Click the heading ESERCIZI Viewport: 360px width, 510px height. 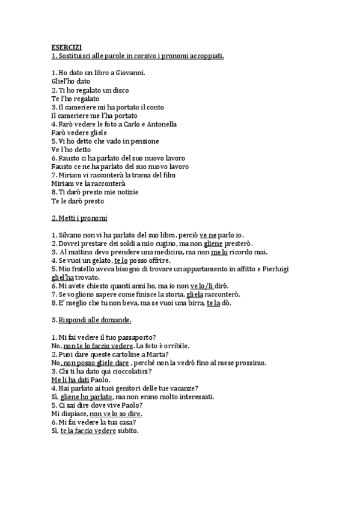pos(66,48)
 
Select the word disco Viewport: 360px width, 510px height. pos(121,90)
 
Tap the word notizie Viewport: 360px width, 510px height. pos(126,192)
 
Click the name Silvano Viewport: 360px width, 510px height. pos(69,235)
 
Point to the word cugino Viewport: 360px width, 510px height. pos(161,244)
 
